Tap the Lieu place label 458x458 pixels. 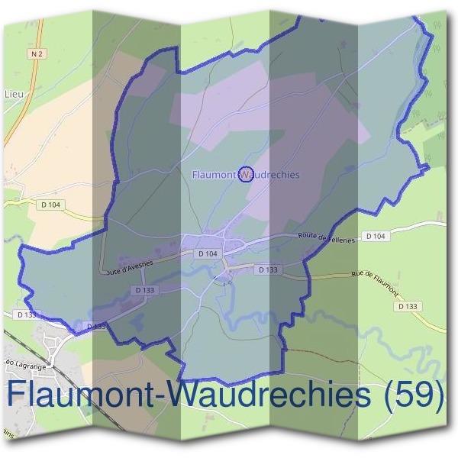tap(15, 94)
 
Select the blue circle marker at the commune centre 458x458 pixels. tap(246, 174)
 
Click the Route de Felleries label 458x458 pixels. tap(327, 239)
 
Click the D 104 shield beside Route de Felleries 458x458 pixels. tap(376, 237)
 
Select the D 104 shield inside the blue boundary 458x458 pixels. tap(208, 253)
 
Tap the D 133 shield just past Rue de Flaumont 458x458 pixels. tap(408, 306)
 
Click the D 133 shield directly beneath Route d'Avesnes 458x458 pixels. tap(145, 290)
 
